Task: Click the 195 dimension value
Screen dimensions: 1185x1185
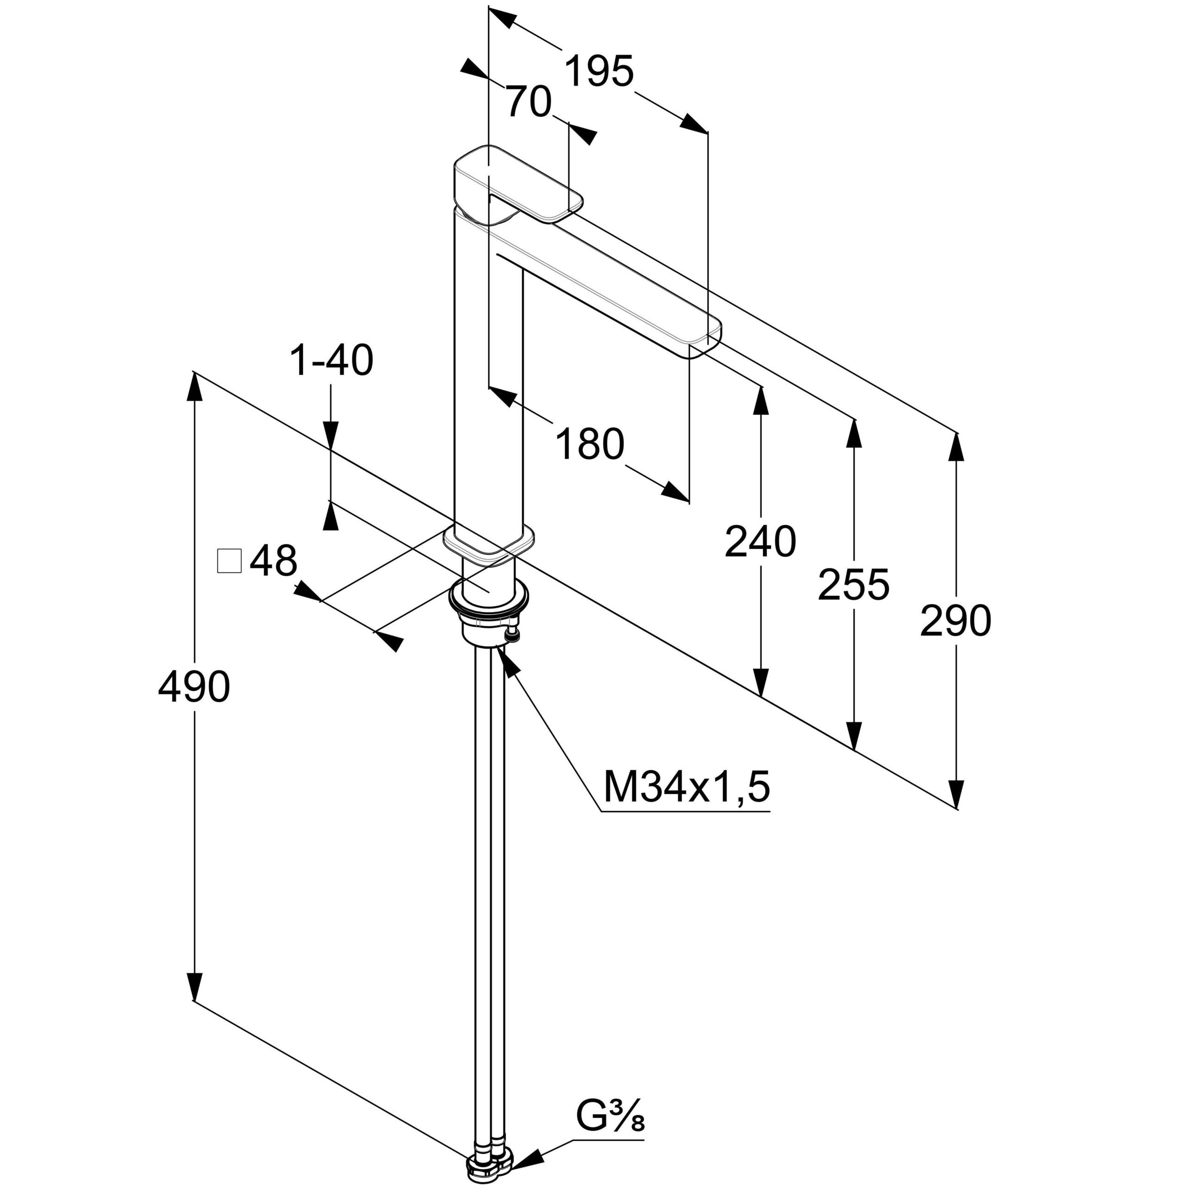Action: pos(599,72)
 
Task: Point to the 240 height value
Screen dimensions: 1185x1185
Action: pos(760,542)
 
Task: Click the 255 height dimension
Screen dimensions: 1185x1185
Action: pos(853,585)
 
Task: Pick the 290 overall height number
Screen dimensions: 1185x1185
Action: pos(955,621)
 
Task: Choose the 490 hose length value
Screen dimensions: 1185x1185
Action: pos(194,687)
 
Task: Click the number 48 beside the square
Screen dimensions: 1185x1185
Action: pos(274,560)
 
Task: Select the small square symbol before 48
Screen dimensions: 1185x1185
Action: pos(230,561)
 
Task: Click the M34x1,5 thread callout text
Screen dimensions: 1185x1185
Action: pos(686,787)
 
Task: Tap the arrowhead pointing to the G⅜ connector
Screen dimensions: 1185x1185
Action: pos(529,1157)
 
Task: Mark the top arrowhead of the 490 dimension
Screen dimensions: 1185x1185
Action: pos(194,387)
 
